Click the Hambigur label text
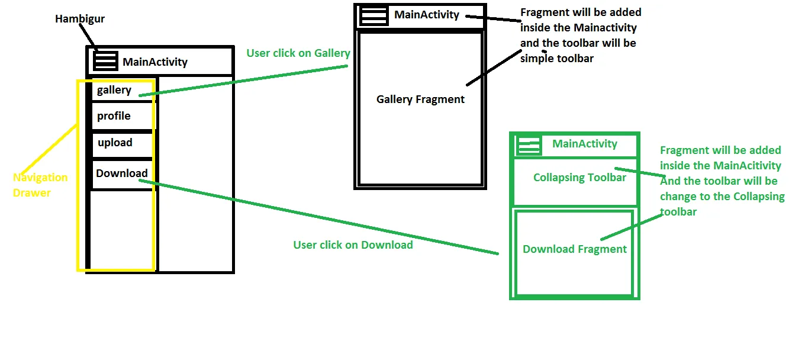[x=79, y=19]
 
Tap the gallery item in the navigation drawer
[x=114, y=90]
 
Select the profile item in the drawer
[x=114, y=116]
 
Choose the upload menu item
[x=115, y=143]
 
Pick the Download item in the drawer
[x=121, y=173]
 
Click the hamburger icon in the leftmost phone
[x=106, y=60]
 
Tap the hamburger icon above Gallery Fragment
[x=373, y=15]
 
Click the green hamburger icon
[x=529, y=144]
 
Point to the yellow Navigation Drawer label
[x=40, y=185]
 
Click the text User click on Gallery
[x=298, y=53]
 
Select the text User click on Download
[x=353, y=245]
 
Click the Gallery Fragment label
[x=420, y=99]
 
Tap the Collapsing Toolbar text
[x=579, y=178]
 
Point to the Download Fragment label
[x=574, y=249]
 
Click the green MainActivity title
[x=584, y=144]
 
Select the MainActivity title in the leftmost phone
[x=155, y=62]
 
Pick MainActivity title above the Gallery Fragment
[x=427, y=15]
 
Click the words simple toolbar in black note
[x=556, y=59]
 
